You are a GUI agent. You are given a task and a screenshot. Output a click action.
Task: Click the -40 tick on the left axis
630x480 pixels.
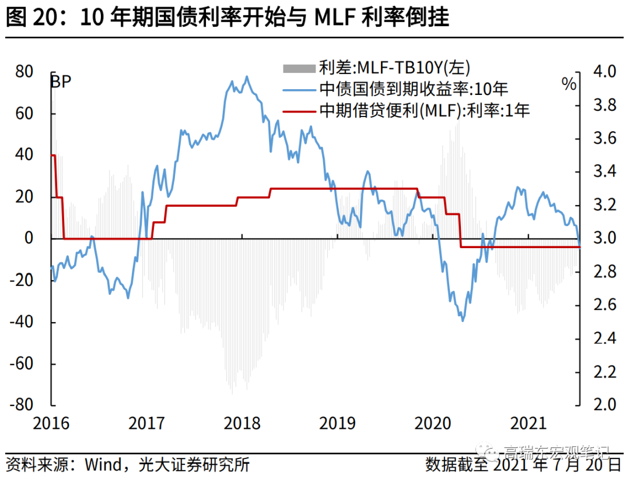(22, 322)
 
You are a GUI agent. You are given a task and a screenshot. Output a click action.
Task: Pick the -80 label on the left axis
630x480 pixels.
(22, 405)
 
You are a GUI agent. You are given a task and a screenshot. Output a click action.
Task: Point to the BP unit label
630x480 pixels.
(61, 82)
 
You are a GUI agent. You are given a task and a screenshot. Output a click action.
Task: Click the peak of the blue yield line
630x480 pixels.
(246, 76)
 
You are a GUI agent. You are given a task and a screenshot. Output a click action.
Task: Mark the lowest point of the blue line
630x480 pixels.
(463, 320)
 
